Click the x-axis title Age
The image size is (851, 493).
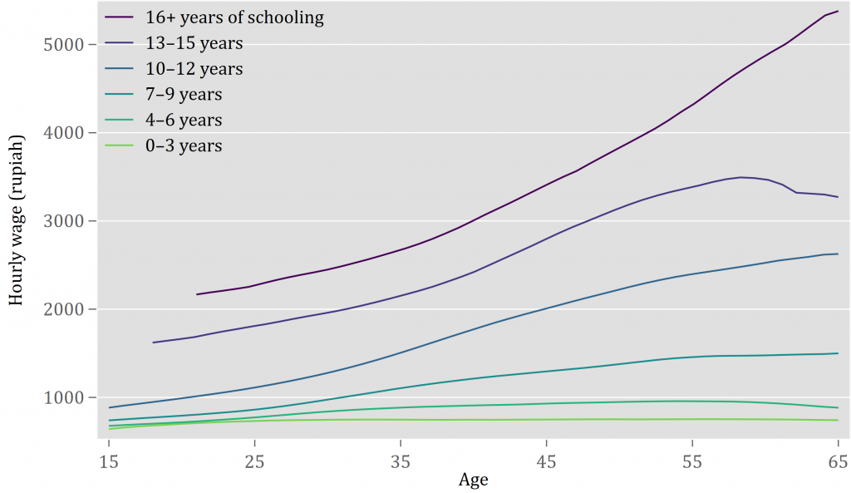473,480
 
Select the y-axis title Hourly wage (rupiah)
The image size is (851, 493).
16,220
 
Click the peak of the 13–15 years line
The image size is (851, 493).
740,177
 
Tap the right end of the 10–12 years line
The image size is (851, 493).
838,254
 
